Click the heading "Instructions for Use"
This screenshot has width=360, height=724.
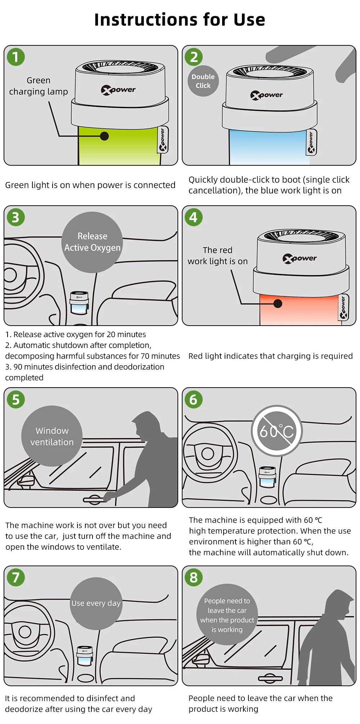tap(180, 20)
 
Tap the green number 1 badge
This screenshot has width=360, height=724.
tap(16, 57)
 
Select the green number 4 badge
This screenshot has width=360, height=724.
tap(194, 217)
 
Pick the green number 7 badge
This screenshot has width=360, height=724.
tap(16, 577)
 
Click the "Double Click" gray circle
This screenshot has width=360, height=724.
tap(203, 81)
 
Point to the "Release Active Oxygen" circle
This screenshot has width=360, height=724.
tap(92, 242)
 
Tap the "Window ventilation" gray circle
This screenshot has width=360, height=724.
tap(52, 436)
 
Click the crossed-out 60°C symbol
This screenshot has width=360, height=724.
tap(277, 431)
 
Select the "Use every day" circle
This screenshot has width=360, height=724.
tap(96, 603)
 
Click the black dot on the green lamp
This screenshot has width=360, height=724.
tap(104, 136)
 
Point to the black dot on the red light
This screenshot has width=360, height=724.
tap(278, 304)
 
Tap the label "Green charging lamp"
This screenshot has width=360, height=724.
tap(39, 86)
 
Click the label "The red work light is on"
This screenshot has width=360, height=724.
tap(217, 256)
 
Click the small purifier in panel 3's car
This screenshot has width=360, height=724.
tap(79, 303)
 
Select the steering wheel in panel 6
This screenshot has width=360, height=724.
tap(208, 453)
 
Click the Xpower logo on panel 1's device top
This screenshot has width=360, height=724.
tap(118, 90)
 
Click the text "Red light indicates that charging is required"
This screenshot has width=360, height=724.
tap(270, 356)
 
